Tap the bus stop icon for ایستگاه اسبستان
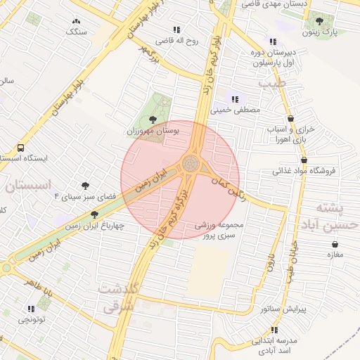(20, 148)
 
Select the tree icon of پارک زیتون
(321, 22)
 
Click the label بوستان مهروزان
(153, 131)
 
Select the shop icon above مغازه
(335, 244)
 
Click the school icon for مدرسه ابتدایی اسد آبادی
(274, 329)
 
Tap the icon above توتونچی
(30, 309)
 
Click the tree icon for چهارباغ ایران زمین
(95, 215)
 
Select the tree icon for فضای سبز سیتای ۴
(86, 186)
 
